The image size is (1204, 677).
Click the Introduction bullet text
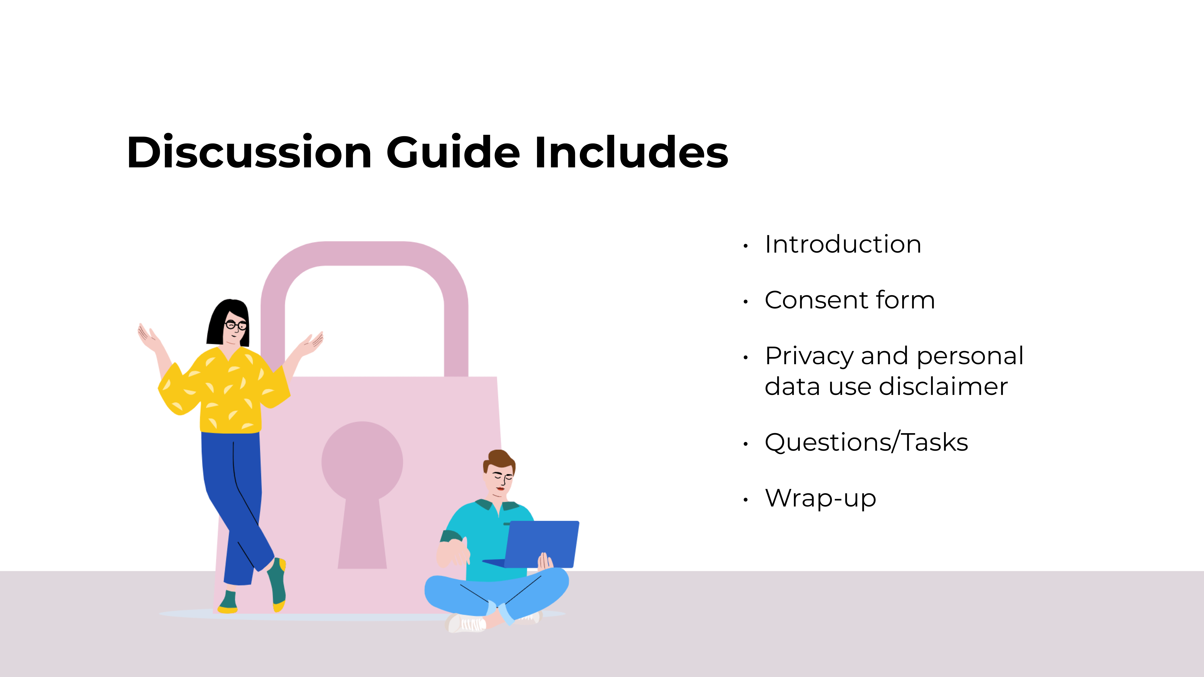point(843,244)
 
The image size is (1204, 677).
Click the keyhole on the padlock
point(362,486)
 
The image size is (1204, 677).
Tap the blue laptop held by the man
point(542,544)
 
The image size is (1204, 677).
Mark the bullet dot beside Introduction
point(745,246)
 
